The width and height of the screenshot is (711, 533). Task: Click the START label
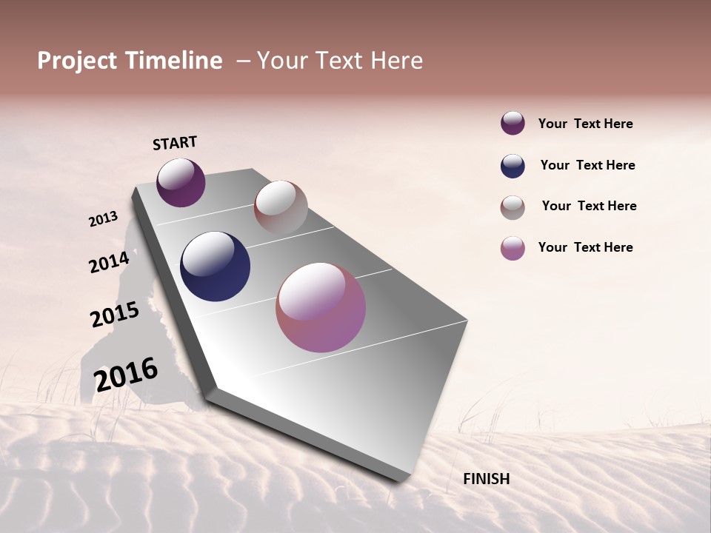point(175,143)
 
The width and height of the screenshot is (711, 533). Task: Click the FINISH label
point(486,479)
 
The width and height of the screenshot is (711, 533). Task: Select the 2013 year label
point(104,219)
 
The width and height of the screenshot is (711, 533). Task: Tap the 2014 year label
point(110,262)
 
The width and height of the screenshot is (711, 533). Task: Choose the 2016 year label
point(126,375)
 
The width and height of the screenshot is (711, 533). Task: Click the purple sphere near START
point(181,183)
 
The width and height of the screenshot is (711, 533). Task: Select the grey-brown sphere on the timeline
point(281,207)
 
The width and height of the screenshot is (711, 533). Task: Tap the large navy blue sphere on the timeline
point(215,266)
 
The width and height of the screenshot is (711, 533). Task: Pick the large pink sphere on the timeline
point(321,307)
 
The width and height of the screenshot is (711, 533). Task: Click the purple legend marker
point(513,123)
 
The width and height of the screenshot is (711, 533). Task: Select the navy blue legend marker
point(513,166)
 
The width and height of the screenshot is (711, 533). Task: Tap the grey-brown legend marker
point(513,207)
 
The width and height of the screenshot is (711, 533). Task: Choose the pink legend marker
point(513,248)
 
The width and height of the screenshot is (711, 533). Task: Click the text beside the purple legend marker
point(585,124)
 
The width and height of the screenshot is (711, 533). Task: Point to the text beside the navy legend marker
point(587,165)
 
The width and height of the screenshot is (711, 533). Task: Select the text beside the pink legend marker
point(585,247)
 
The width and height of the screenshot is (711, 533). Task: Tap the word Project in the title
point(76,61)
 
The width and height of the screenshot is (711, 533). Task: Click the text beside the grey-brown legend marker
point(589,206)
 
